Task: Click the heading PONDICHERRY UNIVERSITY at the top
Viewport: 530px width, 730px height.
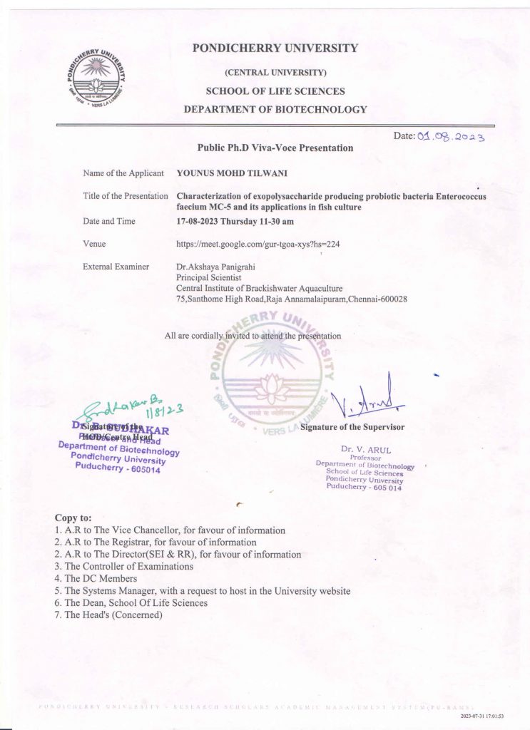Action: (x=275, y=48)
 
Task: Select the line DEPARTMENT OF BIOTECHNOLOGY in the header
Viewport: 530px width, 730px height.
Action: (x=275, y=110)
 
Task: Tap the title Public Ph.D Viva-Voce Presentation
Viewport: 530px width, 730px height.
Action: (x=275, y=148)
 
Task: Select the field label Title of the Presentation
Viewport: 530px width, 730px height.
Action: (x=126, y=196)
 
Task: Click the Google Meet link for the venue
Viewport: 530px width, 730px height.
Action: (x=258, y=245)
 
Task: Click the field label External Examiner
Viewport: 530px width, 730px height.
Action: (x=116, y=267)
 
